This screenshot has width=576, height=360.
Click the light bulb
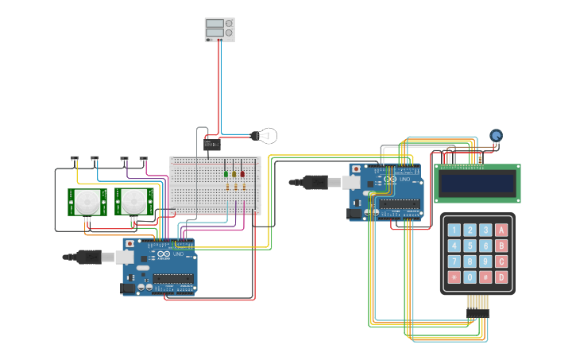click(266, 136)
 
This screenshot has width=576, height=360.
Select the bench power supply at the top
click(219, 29)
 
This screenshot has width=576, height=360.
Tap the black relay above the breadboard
click(211, 144)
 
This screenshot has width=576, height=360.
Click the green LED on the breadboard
click(226, 173)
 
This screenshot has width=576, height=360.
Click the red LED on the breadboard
click(242, 173)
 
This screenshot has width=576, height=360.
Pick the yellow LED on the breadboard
click(234, 173)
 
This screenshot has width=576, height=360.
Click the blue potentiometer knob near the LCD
click(497, 136)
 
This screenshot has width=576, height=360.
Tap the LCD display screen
click(477, 184)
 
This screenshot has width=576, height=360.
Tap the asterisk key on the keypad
click(454, 277)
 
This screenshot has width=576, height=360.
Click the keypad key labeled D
click(501, 277)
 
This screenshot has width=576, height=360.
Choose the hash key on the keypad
click(485, 277)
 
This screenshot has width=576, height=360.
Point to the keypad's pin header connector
click(477, 303)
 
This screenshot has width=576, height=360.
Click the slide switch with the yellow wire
click(75, 158)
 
